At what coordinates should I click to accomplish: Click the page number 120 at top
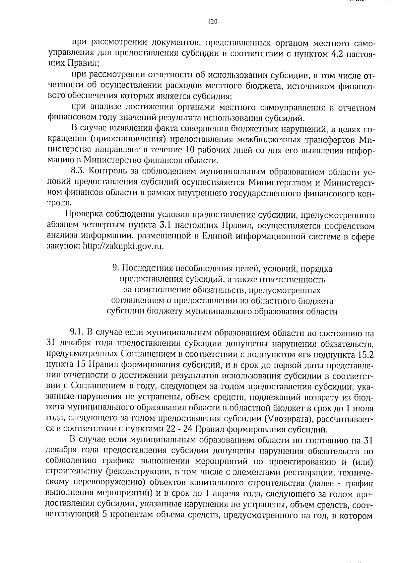point(212,22)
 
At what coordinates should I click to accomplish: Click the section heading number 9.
point(115,268)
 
